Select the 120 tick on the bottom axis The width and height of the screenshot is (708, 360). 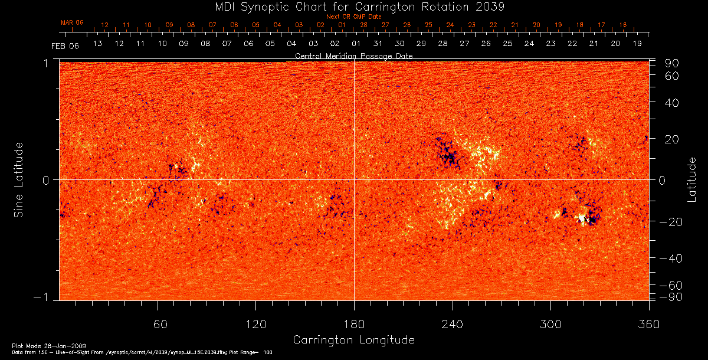pyautogui.click(x=255, y=324)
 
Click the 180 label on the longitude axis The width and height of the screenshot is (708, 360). pyautogui.click(x=354, y=324)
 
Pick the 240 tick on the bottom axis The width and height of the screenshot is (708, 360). pyautogui.click(x=453, y=324)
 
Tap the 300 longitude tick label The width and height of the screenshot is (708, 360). pyautogui.click(x=550, y=324)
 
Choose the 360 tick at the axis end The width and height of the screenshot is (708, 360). pyautogui.click(x=649, y=324)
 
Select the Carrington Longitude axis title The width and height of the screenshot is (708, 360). pyautogui.click(x=353, y=340)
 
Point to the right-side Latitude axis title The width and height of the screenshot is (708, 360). pyautogui.click(x=691, y=179)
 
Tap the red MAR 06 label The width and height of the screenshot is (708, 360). pyautogui.click(x=72, y=22)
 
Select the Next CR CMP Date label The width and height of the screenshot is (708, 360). pyautogui.click(x=353, y=17)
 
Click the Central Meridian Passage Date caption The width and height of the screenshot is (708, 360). pyautogui.click(x=353, y=55)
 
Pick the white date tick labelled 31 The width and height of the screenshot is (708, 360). pyautogui.click(x=378, y=44)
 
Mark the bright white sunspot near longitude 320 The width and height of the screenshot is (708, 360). pyautogui.click(x=582, y=218)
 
